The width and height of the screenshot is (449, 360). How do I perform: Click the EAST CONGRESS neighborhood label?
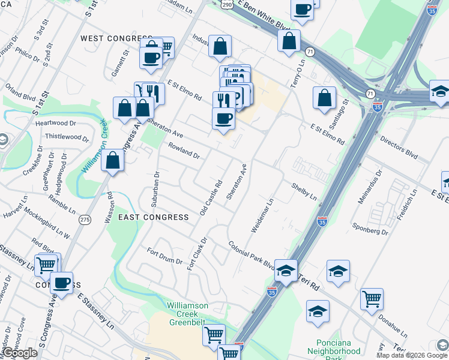click(153, 217)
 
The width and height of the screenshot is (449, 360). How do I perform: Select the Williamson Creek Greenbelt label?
click(187, 310)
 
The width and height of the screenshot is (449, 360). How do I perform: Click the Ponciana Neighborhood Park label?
click(334, 346)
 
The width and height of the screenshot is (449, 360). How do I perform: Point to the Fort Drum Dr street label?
click(165, 256)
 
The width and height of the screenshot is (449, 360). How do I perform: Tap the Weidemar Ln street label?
click(262, 216)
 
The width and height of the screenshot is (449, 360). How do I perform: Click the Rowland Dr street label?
click(184, 151)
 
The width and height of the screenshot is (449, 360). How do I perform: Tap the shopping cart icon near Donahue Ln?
click(372, 298)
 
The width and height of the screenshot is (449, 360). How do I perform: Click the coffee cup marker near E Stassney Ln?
click(61, 282)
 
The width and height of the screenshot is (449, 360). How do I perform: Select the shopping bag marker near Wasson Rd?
click(113, 160)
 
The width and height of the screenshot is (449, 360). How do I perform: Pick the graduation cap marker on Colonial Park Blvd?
click(286, 270)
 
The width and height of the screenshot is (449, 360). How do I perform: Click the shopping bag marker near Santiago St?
click(324, 98)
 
